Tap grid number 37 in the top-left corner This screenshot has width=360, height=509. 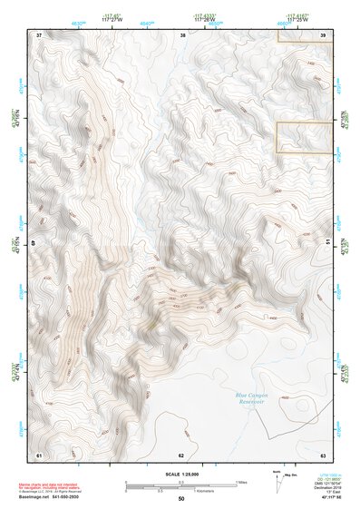pyautogui.click(x=38, y=34)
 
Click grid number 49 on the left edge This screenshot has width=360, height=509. pyautogui.click(x=36, y=243)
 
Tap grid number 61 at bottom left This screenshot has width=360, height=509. pyautogui.click(x=38, y=454)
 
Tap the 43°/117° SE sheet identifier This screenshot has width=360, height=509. pyautogui.click(x=325, y=499)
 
